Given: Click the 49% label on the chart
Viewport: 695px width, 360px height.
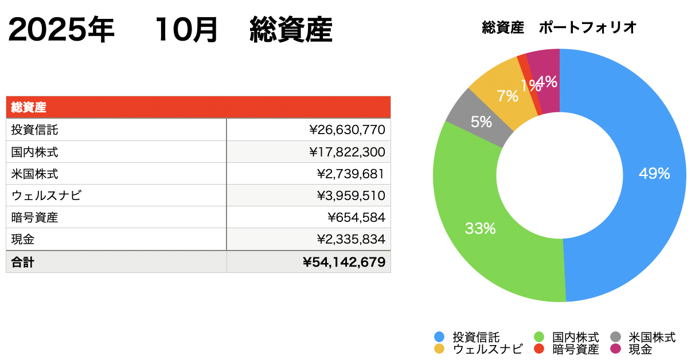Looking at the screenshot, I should click(654, 174).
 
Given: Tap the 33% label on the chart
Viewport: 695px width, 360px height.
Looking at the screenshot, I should click(480, 229).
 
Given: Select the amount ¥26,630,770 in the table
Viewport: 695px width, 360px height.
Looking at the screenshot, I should click(347, 130).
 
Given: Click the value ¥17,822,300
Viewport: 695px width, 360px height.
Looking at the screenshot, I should click(347, 152).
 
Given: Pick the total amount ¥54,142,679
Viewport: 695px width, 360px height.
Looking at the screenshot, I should click(344, 262).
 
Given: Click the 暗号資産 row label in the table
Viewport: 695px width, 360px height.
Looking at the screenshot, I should click(34, 218).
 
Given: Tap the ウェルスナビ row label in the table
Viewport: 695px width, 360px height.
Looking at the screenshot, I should click(46, 196).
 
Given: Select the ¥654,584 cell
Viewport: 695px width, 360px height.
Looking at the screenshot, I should click(356, 218).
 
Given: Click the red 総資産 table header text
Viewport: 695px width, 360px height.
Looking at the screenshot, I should click(28, 107).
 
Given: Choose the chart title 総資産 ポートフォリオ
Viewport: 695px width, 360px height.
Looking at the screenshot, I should click(560, 28).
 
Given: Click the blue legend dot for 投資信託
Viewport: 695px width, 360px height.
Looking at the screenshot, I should click(439, 337).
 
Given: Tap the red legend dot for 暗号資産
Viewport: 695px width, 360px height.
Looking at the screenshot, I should click(538, 349).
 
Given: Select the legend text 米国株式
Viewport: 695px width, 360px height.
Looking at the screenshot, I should click(652, 337).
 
